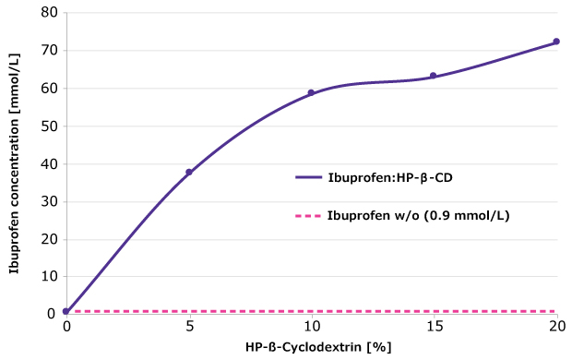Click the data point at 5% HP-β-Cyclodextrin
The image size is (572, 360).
[189, 172]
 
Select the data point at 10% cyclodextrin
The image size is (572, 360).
[311, 92]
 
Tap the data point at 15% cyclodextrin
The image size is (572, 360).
[434, 76]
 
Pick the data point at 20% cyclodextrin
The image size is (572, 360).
[556, 42]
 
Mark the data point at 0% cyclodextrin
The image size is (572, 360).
[66, 311]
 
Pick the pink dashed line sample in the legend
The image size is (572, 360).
[307, 216]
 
